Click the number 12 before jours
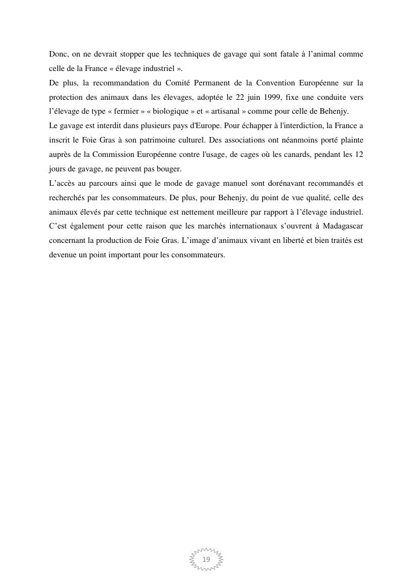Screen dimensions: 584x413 [358, 155]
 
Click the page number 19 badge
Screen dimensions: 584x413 [206, 559]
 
